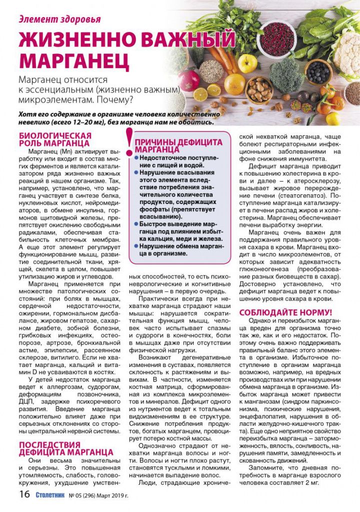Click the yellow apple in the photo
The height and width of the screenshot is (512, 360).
(246, 63)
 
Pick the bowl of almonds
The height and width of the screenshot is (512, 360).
(258, 90)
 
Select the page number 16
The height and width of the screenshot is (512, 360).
(24, 495)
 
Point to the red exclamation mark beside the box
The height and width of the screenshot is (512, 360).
(129, 143)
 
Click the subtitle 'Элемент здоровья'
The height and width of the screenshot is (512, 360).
(59, 19)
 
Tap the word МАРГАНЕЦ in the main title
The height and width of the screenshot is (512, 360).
(74, 59)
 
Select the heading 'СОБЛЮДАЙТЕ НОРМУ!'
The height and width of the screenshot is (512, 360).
(285, 312)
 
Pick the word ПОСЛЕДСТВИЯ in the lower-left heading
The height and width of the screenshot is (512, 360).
(49, 444)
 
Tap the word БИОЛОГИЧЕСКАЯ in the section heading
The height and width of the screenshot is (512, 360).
(54, 135)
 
